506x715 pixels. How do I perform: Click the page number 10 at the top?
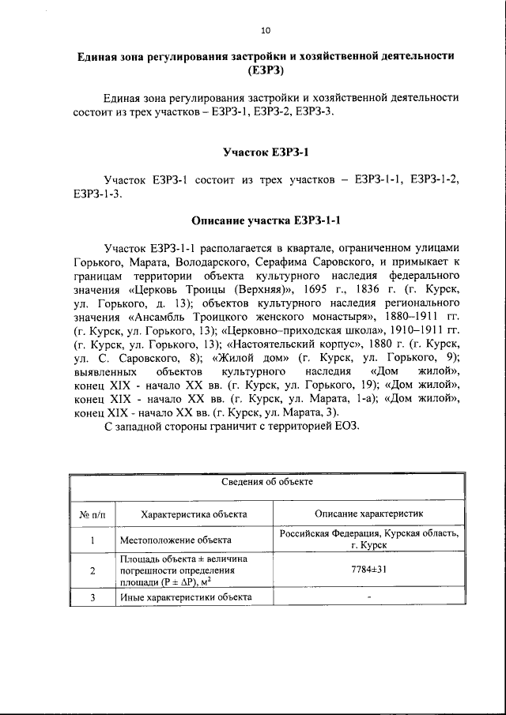point(265,30)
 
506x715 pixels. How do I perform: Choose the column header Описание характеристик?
point(369,514)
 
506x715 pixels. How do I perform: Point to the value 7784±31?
point(369,570)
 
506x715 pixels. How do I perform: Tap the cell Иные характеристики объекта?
point(186,597)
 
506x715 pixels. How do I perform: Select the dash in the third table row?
point(369,597)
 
